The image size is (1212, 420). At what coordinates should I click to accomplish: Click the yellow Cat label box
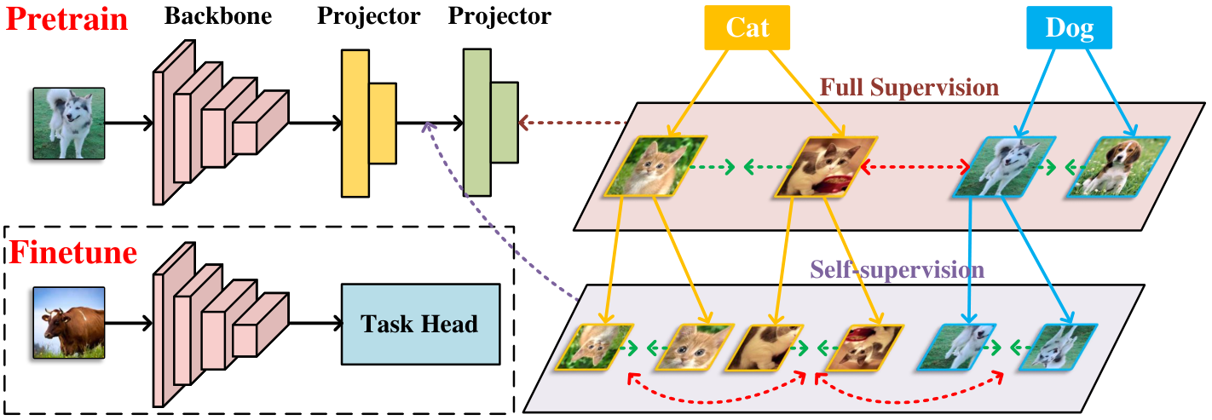pyautogui.click(x=747, y=27)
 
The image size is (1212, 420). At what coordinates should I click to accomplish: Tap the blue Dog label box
pyautogui.click(x=1069, y=27)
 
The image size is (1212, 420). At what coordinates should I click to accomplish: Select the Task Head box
pyautogui.click(x=420, y=325)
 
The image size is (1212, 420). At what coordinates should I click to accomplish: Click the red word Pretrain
pyautogui.click(x=67, y=20)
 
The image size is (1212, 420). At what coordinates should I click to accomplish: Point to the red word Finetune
pyautogui.click(x=73, y=252)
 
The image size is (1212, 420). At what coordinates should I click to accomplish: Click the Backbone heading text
pyautogui.click(x=218, y=16)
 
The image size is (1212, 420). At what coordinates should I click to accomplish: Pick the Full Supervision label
pyautogui.click(x=909, y=88)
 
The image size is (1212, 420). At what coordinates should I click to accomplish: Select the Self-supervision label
pyautogui.click(x=897, y=270)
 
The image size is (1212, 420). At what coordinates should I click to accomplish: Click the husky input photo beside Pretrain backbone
pyautogui.click(x=69, y=124)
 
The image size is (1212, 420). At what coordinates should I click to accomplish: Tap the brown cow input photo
pyautogui.click(x=69, y=323)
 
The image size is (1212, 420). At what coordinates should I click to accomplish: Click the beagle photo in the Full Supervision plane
pyautogui.click(x=1118, y=166)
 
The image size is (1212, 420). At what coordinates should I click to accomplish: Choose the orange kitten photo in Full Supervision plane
pyautogui.click(x=655, y=166)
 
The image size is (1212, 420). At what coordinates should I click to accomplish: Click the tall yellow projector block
pyautogui.click(x=355, y=124)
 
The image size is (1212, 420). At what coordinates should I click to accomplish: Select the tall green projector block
pyautogui.click(x=477, y=122)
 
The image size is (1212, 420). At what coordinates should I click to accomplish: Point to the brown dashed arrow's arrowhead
pyautogui.click(x=523, y=123)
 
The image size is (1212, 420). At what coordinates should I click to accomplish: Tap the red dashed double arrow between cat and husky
pyautogui.click(x=915, y=166)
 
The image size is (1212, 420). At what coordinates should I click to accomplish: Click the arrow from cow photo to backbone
pyautogui.click(x=129, y=323)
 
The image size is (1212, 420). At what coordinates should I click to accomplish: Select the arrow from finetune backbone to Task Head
pyautogui.click(x=316, y=323)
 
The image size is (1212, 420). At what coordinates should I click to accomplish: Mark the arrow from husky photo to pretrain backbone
pyautogui.click(x=129, y=124)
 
